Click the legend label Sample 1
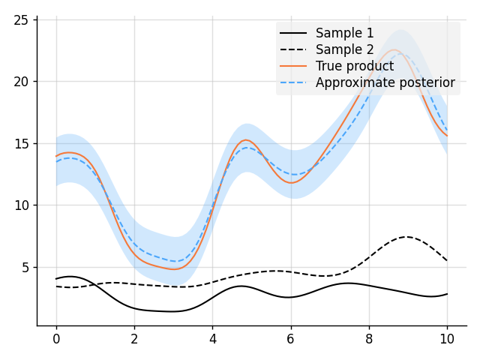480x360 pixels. pyautogui.click(x=344, y=33)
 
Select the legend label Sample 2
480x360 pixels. pyautogui.click(x=344, y=49)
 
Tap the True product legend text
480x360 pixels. pyautogui.click(x=355, y=66)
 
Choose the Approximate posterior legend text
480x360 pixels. pyautogui.click(x=385, y=82)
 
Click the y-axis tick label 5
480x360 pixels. pyautogui.click(x=23, y=267)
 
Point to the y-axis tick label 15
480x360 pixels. pyautogui.click(x=20, y=143)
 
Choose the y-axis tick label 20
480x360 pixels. pyautogui.click(x=20, y=81)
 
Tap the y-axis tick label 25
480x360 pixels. pyautogui.click(x=20, y=19)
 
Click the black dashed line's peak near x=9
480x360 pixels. pyautogui.click(x=406, y=237)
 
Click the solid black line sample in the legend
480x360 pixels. pyautogui.click(x=293, y=33)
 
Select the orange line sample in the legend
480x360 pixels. pyautogui.click(x=293, y=66)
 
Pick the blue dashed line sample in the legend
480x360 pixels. pyautogui.click(x=293, y=82)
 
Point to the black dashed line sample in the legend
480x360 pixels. pyautogui.click(x=293, y=49)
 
